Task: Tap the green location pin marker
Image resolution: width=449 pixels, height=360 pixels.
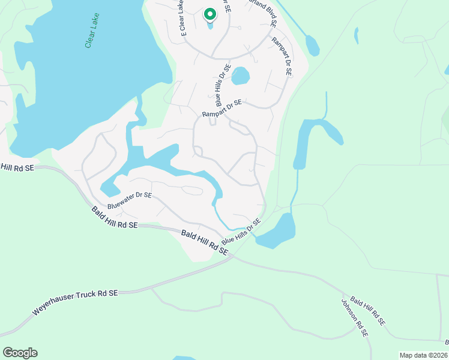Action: tap(209, 14)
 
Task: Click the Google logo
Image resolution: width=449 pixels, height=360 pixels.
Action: tap(20, 353)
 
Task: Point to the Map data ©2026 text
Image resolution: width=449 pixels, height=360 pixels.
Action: tap(424, 355)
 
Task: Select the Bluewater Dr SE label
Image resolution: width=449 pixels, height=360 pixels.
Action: tap(130, 200)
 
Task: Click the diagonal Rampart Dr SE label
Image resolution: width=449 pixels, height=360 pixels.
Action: tap(281, 56)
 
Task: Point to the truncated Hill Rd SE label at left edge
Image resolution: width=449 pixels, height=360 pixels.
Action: tap(17, 167)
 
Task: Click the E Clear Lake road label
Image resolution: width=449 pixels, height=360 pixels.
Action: tap(180, 16)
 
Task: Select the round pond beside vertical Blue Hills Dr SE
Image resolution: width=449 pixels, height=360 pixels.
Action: tap(240, 76)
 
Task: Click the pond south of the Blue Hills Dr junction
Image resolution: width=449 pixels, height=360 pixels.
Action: tap(276, 232)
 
